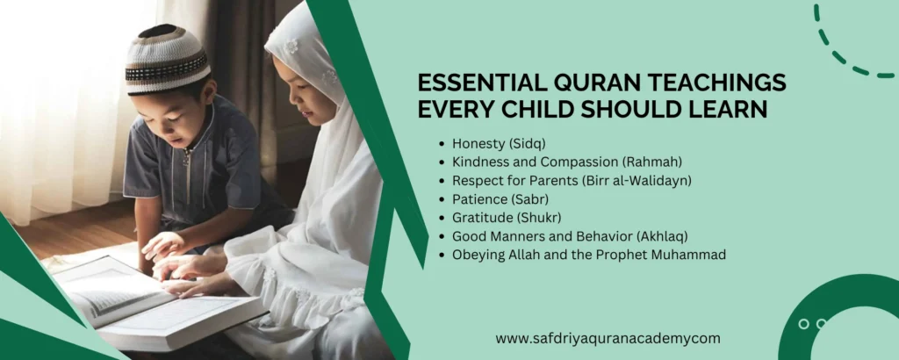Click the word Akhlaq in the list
pyautogui.click(x=658, y=236)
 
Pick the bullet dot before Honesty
pyautogui.click(x=441, y=142)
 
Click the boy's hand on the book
pyautogui.click(x=163, y=246)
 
